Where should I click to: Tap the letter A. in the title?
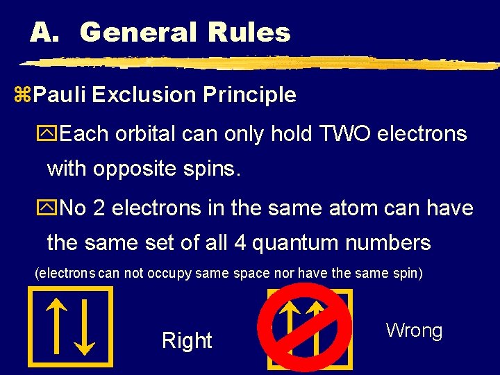point(48,32)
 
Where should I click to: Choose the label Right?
point(187,340)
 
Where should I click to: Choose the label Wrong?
point(414,331)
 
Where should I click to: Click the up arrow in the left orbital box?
point(56,326)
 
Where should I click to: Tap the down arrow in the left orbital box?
point(84,326)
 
